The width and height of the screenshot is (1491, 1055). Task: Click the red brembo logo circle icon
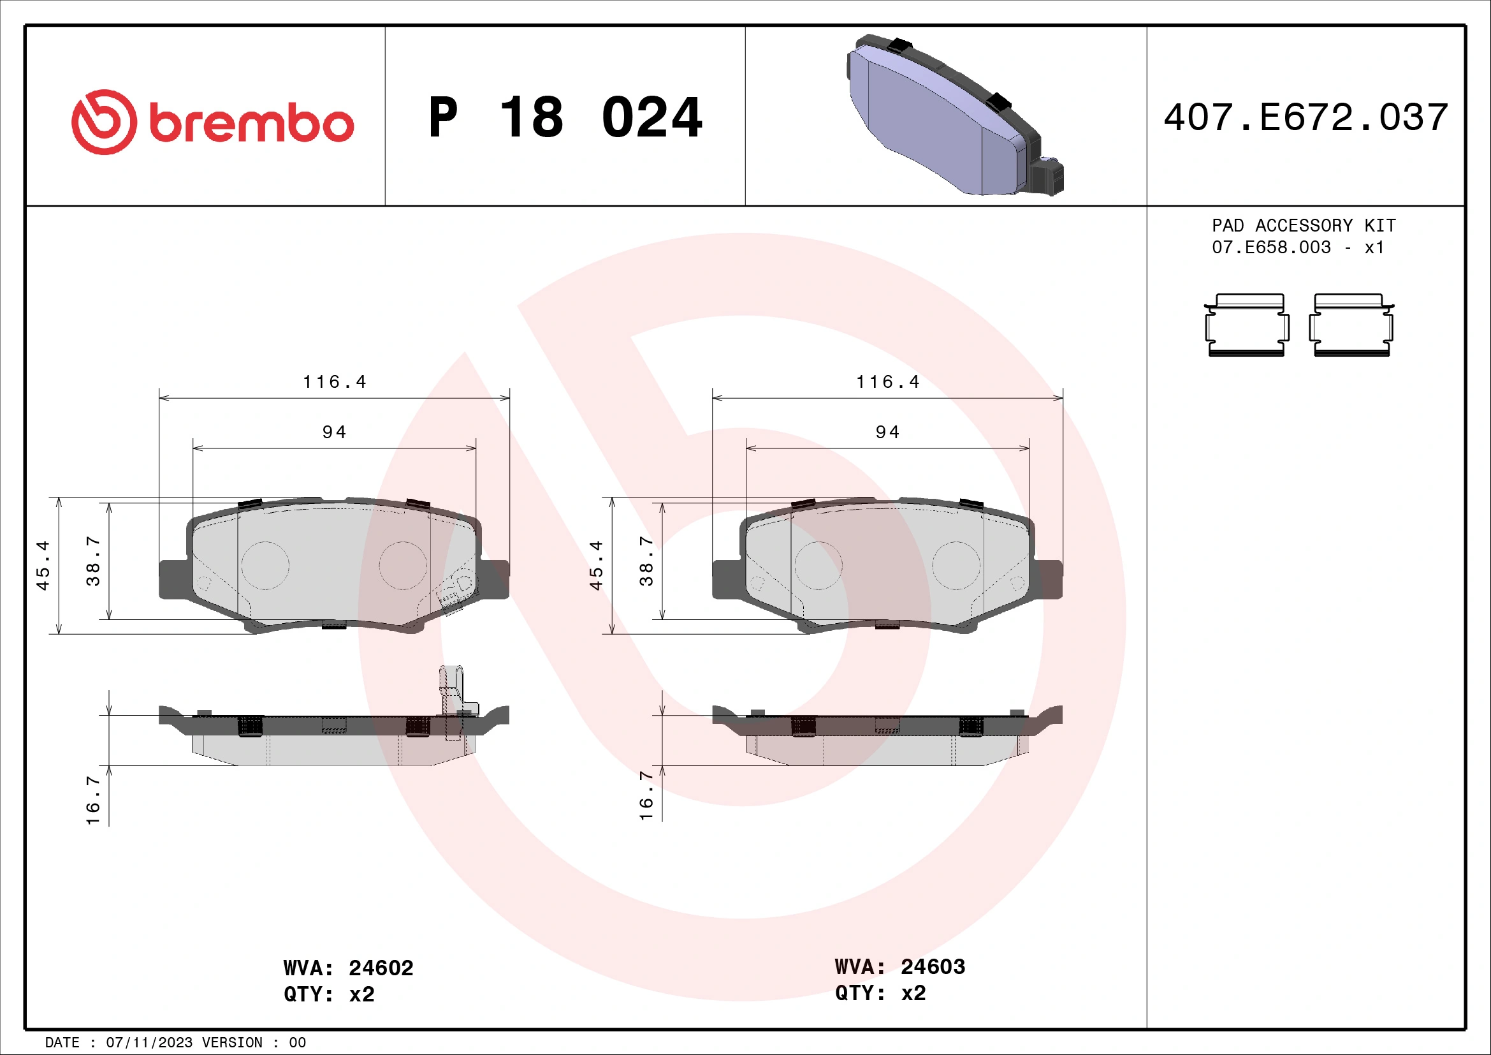point(104,122)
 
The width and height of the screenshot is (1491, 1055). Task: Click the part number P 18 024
point(565,118)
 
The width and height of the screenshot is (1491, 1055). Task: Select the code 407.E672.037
point(1306,118)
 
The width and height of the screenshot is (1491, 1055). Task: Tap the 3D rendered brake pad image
point(955,115)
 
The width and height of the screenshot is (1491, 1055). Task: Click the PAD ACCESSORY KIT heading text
point(1304,225)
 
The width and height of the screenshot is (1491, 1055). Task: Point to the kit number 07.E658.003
point(1271,247)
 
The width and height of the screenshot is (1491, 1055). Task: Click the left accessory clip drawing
point(1246,325)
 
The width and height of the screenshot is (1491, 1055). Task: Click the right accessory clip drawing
point(1351,325)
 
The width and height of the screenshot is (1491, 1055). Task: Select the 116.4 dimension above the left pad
point(335,382)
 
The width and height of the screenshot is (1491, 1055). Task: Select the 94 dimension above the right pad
point(887,432)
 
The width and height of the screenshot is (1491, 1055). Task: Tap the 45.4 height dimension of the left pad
point(43,564)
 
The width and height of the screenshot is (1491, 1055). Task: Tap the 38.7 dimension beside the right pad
point(646,561)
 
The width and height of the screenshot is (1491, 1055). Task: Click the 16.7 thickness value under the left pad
point(93,800)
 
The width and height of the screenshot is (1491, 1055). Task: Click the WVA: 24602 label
point(348,968)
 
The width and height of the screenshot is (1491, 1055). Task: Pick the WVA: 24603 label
point(900,966)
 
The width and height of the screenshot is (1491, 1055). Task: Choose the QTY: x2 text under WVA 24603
point(880,993)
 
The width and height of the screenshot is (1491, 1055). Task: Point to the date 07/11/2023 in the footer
point(149,1043)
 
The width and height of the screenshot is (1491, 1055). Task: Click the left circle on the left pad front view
point(265,565)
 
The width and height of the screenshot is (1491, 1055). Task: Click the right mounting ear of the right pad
point(1047,578)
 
